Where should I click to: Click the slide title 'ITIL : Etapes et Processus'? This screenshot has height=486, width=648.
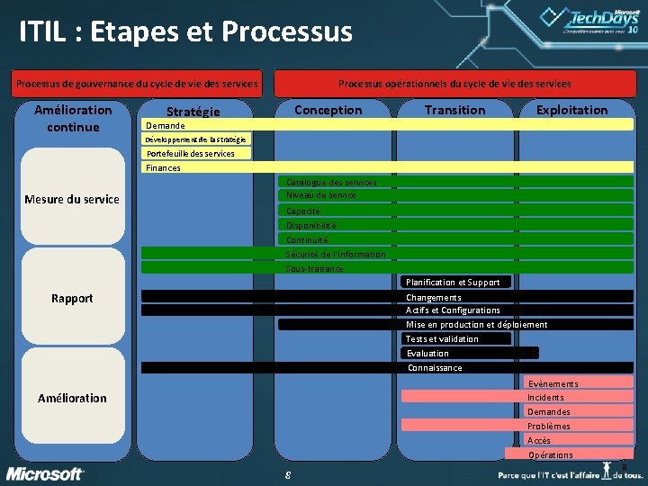pos(185,32)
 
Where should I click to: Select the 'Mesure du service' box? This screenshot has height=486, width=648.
pos(72,199)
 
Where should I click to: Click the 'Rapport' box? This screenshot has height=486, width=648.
pos(72,298)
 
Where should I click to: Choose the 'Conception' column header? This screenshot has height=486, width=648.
pos(328,110)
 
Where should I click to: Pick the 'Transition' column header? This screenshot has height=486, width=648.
pos(454,110)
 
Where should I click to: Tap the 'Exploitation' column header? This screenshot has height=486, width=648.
pos(571,110)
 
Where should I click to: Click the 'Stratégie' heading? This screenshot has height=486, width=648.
pos(193,112)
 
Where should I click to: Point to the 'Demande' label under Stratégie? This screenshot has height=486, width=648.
pos(165,125)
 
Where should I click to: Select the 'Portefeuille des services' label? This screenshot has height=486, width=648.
pos(190,153)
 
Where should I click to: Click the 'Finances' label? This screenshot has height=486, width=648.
pos(163,167)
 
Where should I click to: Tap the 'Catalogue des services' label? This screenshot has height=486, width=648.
pos(331,182)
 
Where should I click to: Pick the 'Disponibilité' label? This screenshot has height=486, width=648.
pos(310,225)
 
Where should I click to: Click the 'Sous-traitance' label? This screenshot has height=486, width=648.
pos(314,268)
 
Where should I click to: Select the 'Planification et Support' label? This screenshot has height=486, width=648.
pos(453,282)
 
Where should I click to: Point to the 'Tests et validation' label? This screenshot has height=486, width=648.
pos(442,338)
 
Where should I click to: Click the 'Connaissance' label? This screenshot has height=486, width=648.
pos(435,367)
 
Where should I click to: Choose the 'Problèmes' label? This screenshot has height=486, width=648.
pos(548,426)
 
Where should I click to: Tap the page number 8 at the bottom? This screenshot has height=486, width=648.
pos(286,474)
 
